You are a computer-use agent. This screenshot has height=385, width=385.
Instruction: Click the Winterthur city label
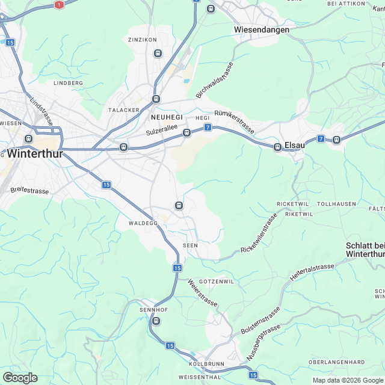(x=36, y=152)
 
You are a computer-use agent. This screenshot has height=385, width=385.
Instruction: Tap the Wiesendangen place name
(x=261, y=29)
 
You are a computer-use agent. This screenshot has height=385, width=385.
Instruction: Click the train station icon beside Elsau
(x=278, y=147)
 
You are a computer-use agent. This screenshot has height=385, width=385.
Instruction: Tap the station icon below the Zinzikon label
(x=158, y=53)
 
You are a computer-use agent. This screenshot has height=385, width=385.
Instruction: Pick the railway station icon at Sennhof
(x=156, y=321)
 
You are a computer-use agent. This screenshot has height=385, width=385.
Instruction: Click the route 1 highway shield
(x=59, y=4)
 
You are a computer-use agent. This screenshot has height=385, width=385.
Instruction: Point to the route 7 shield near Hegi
(x=208, y=127)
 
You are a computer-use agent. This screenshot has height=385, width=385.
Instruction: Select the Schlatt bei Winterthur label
(x=365, y=250)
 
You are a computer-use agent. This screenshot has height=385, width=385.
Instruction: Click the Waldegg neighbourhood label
(x=143, y=223)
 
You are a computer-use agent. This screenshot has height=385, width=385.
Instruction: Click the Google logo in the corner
(x=20, y=377)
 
